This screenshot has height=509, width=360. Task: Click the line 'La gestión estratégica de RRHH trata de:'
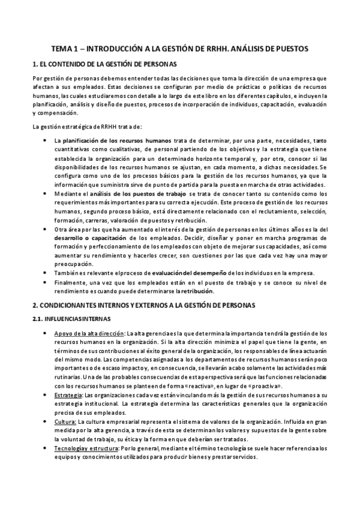pyautogui.click(x=86, y=126)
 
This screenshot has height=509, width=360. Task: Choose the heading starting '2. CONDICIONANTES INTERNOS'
pyautogui.click(x=143, y=305)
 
